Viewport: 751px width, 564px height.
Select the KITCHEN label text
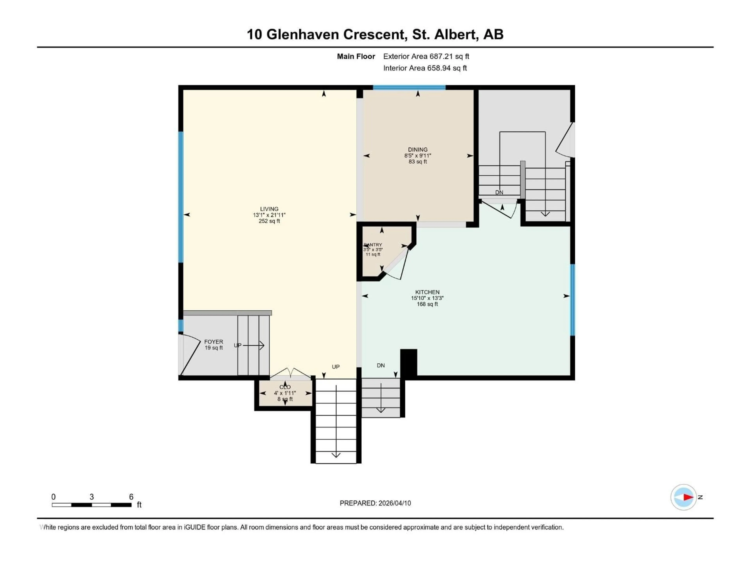(x=427, y=292)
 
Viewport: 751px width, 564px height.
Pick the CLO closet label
(x=285, y=387)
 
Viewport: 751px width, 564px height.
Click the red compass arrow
(x=688, y=497)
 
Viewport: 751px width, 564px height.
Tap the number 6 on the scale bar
(x=131, y=497)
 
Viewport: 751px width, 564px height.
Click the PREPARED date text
(x=375, y=503)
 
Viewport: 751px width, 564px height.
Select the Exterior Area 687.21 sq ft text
(x=426, y=56)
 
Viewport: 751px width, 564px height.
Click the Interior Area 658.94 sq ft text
(x=425, y=68)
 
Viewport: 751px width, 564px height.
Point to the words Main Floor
(x=356, y=56)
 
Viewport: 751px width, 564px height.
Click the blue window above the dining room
(x=409, y=87)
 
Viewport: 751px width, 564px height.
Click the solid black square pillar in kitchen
(x=409, y=362)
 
